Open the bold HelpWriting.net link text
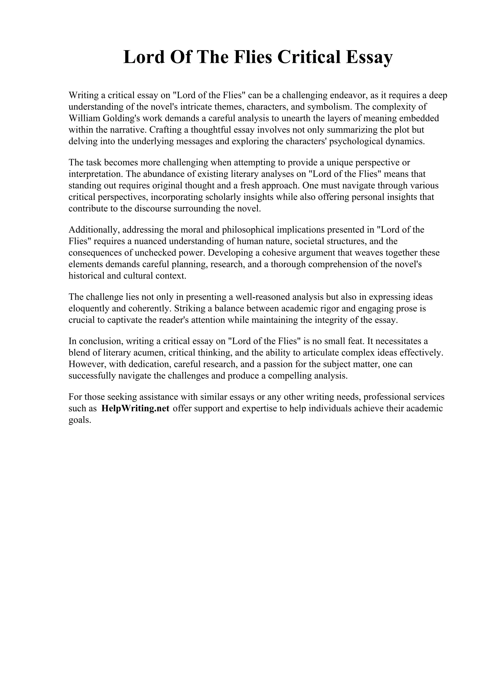pyautogui.click(x=135, y=409)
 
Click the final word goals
pyautogui.click(x=79, y=420)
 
